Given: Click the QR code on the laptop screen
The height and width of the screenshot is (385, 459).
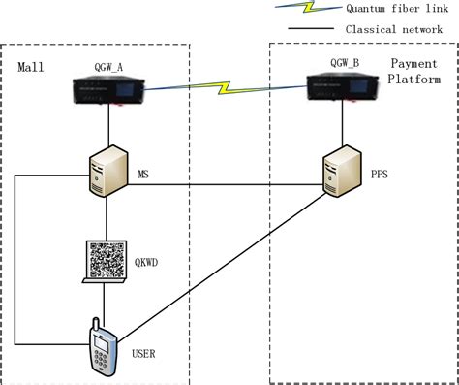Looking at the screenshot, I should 108,261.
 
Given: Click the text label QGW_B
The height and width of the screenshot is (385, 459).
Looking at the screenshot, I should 345,64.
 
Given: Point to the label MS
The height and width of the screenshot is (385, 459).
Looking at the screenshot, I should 146,175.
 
